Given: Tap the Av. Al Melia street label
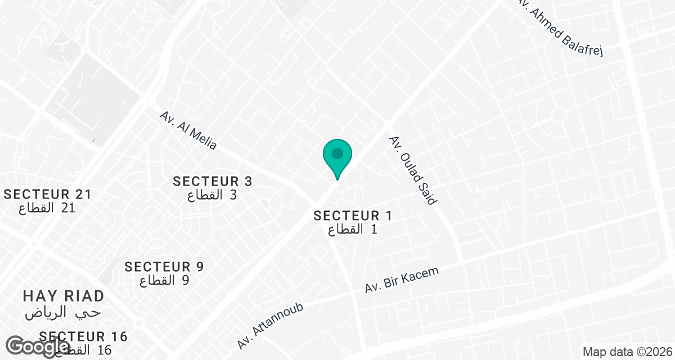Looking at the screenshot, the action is click(x=188, y=130).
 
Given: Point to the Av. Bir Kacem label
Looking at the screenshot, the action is click(x=402, y=280).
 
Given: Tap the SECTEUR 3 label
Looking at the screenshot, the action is click(x=213, y=181).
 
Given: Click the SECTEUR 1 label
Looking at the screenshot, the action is click(x=353, y=215).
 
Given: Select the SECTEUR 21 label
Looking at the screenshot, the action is click(x=47, y=195).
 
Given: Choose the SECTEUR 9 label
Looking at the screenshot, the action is click(x=164, y=267).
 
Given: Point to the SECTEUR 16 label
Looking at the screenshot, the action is click(x=84, y=336).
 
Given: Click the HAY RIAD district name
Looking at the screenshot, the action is click(x=64, y=296).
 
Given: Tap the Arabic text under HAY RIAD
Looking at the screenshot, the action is click(x=63, y=312).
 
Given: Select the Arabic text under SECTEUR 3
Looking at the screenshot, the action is click(x=212, y=196).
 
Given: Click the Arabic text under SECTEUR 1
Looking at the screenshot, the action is click(x=353, y=229).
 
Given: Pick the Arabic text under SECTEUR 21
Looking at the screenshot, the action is click(x=47, y=209).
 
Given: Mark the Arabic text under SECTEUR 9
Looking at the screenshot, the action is click(x=164, y=281).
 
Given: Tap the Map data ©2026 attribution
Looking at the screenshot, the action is click(x=627, y=353).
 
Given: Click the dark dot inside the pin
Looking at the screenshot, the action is click(x=337, y=153).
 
